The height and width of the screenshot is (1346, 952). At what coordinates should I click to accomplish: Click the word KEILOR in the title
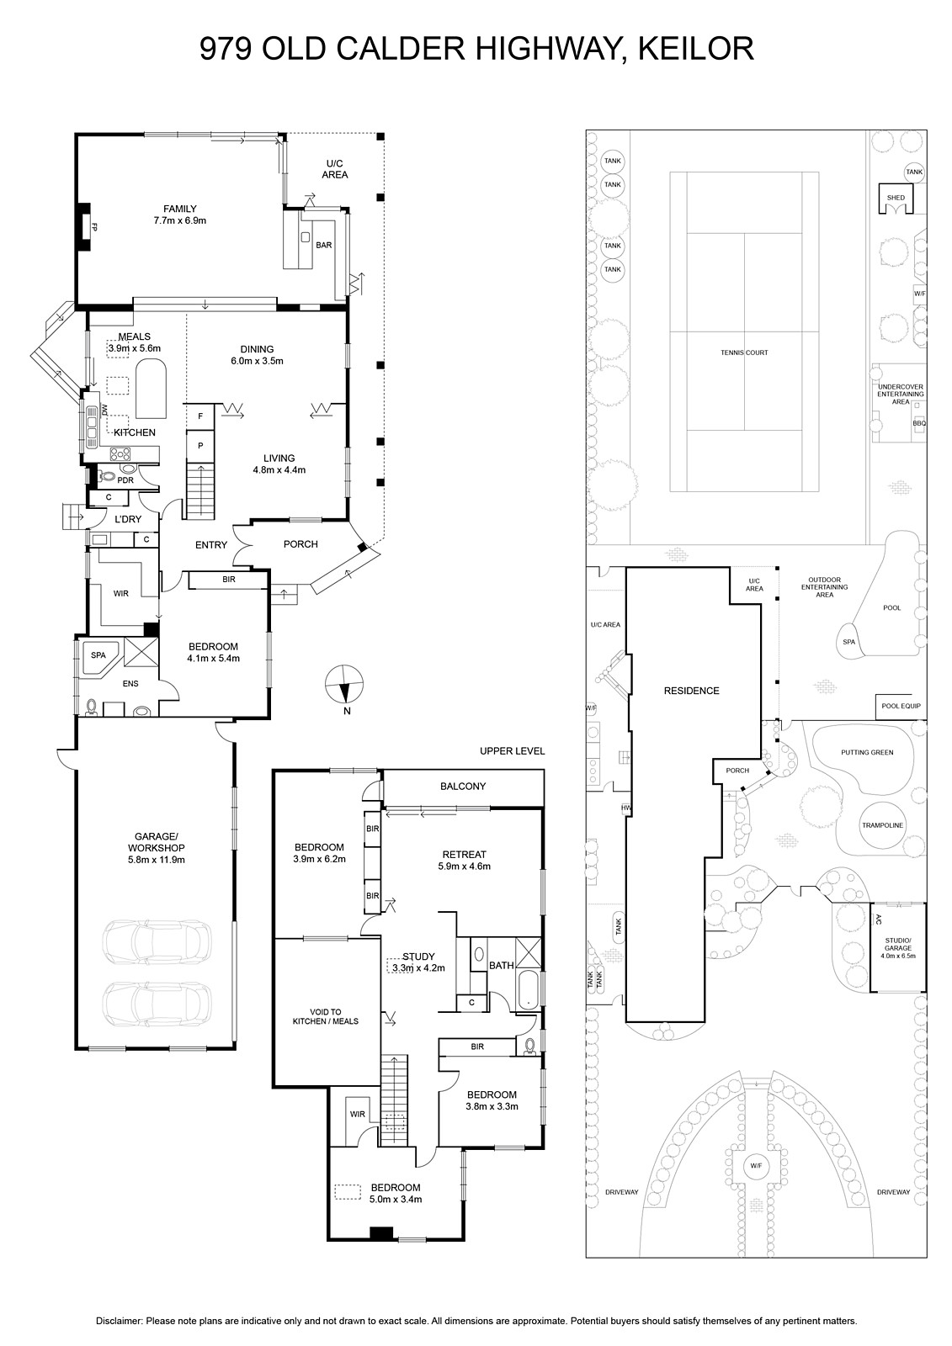[695, 50]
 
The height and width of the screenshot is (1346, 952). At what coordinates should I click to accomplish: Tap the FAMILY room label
[180, 209]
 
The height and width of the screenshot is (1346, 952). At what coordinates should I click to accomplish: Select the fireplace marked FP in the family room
[83, 227]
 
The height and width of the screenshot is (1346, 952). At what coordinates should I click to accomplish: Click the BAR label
[323, 245]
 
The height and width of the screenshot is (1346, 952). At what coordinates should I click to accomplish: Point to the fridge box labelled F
[200, 416]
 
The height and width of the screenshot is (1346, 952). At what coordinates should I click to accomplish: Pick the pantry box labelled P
[200, 445]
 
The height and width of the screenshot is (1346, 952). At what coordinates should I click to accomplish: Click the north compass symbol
[344, 685]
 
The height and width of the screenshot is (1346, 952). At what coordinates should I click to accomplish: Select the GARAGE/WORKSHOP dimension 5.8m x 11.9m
[156, 860]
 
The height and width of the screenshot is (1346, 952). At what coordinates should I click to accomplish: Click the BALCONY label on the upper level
[462, 786]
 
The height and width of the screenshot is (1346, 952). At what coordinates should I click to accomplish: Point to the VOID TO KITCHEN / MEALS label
[326, 1017]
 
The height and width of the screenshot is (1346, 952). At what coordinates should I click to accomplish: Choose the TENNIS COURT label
[744, 352]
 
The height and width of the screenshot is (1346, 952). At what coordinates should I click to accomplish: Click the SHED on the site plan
[896, 198]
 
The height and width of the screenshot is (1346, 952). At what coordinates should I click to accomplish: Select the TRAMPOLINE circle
[882, 825]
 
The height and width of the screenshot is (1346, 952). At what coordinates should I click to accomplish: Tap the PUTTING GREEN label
[867, 752]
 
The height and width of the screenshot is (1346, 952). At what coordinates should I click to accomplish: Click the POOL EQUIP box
[901, 707]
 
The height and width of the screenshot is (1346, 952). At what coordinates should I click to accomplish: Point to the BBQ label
[919, 423]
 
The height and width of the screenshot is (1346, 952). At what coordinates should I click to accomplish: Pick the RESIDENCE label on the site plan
[691, 691]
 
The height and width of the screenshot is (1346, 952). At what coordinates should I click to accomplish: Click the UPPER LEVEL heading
[512, 751]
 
